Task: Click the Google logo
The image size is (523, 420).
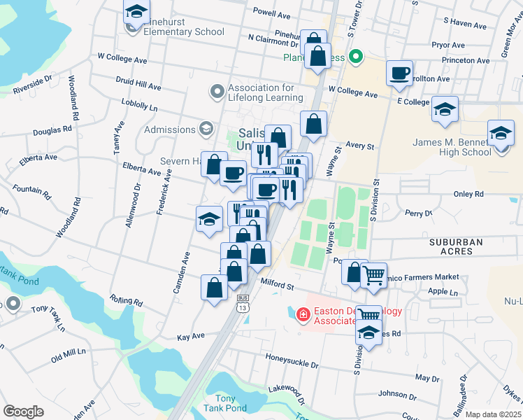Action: (x=24, y=412)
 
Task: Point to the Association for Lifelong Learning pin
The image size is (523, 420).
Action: (x=217, y=92)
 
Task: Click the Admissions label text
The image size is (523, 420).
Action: (x=170, y=129)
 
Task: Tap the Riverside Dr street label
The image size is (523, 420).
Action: (x=32, y=84)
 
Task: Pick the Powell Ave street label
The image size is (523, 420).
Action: (x=271, y=14)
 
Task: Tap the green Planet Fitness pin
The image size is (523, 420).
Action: (x=355, y=57)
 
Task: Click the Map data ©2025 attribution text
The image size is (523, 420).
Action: (x=493, y=414)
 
